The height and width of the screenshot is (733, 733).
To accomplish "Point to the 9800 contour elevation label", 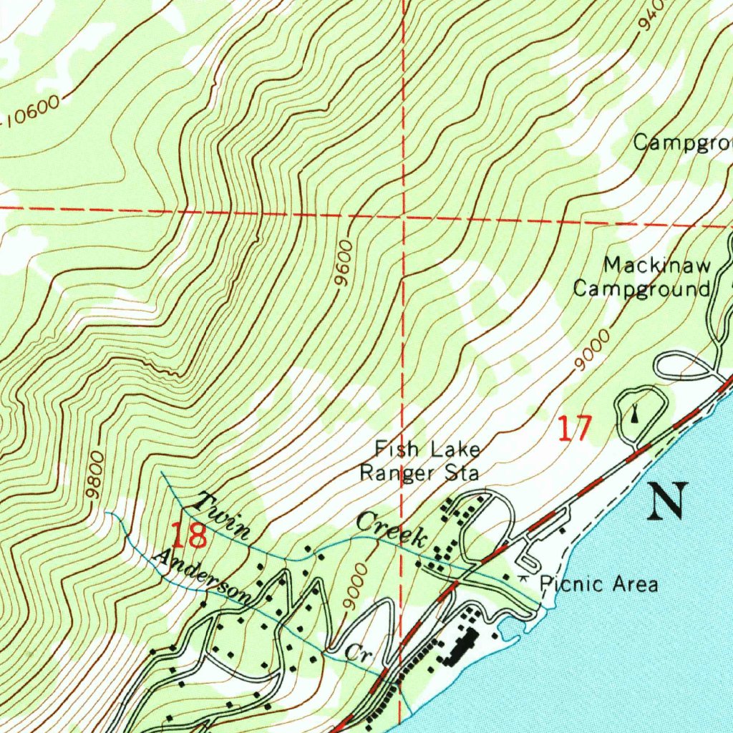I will click(94, 475).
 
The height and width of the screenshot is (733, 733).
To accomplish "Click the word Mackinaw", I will click(657, 266).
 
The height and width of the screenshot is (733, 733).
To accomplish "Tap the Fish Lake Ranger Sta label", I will click(419, 461).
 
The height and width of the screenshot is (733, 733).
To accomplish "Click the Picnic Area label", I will click(598, 583).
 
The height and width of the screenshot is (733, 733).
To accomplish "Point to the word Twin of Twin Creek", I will click(225, 516).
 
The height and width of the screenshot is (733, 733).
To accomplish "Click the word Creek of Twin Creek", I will click(393, 530).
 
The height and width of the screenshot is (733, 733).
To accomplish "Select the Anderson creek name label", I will click(203, 576).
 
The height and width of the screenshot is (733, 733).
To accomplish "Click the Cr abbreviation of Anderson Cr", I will click(355, 652).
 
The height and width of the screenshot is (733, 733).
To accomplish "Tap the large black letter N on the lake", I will click(668, 500).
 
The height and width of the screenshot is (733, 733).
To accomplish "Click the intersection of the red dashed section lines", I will click(403, 214).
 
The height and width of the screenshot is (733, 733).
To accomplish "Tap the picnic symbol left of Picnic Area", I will click(525, 578).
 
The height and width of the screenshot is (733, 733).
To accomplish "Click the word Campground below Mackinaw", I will click(641, 289).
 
